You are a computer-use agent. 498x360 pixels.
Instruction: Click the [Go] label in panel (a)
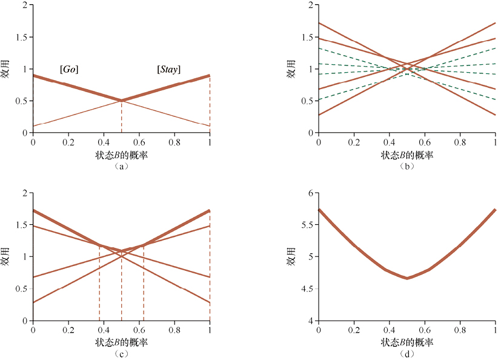pyautogui.click(x=69, y=70)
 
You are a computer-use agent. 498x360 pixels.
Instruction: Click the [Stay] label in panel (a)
pyautogui.click(x=168, y=70)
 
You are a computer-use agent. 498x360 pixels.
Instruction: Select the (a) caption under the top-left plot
pyautogui.click(x=121, y=166)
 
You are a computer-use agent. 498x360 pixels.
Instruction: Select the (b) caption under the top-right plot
pyautogui.click(x=407, y=166)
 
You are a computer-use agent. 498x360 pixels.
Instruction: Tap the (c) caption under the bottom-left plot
pyautogui.click(x=121, y=354)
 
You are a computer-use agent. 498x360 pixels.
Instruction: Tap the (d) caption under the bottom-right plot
pyautogui.click(x=407, y=354)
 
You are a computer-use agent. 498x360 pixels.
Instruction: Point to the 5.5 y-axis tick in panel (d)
pyautogui.click(x=305, y=224)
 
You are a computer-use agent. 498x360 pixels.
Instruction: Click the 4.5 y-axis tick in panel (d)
pyautogui.click(x=305, y=288)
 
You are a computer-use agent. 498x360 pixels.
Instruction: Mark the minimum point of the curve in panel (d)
pyautogui.click(x=407, y=278)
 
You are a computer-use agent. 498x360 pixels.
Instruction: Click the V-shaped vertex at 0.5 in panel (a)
pyautogui.click(x=121, y=101)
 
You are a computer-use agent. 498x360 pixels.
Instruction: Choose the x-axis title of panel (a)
pyautogui.click(x=121, y=155)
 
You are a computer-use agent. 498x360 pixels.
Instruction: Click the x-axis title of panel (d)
pyautogui.click(x=407, y=343)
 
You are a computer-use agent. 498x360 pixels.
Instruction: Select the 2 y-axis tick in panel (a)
pyautogui.click(x=24, y=5)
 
